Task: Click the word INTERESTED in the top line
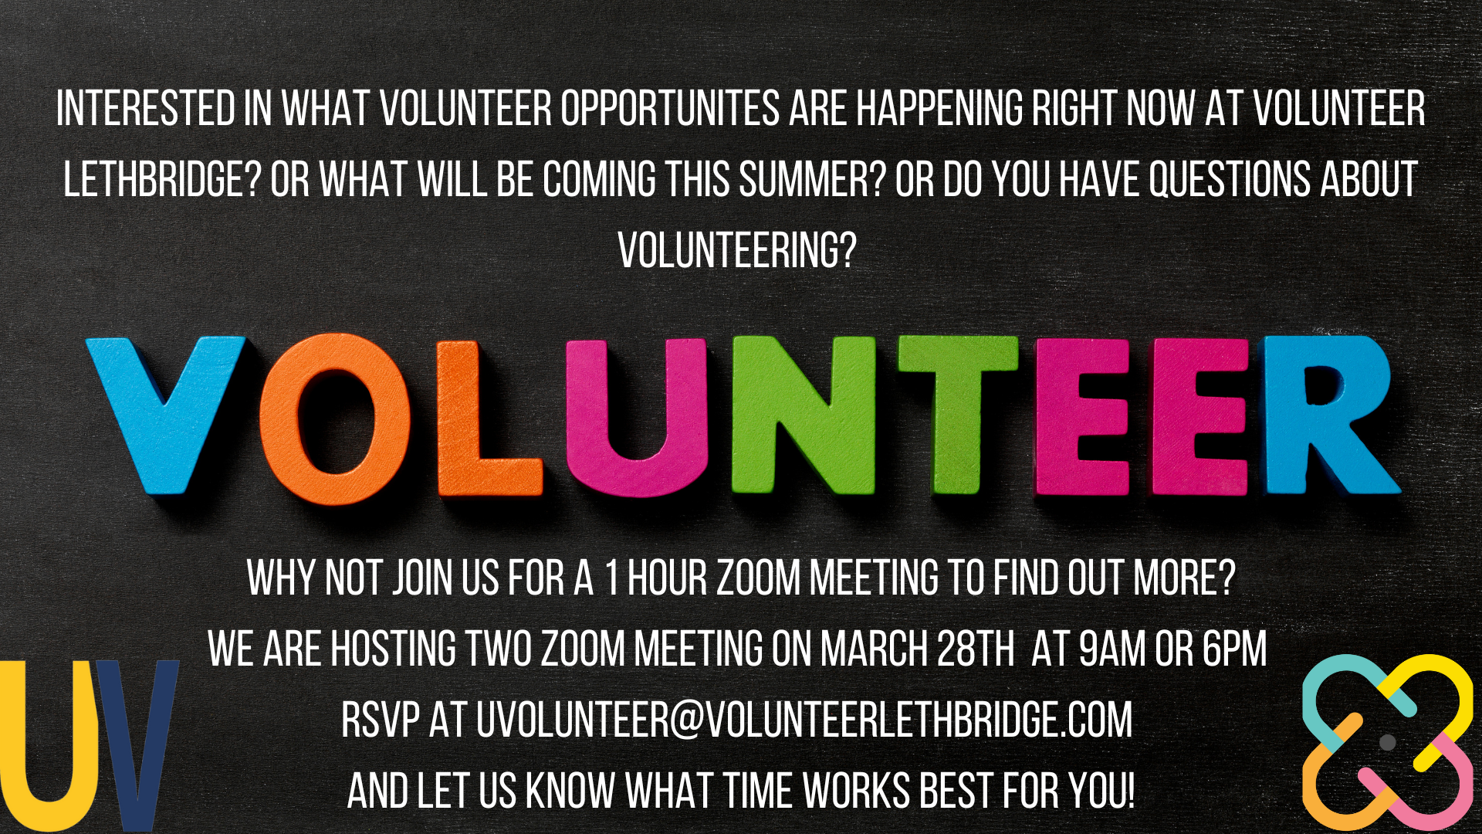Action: tap(146, 108)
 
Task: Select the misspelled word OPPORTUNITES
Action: tap(670, 108)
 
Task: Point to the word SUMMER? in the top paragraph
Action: tap(811, 179)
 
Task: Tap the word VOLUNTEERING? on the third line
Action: tap(738, 250)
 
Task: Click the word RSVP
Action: tap(381, 720)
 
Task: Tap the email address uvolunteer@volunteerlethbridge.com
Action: tap(804, 720)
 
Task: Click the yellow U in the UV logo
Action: tap(50, 741)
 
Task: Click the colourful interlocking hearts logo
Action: tap(1388, 742)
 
